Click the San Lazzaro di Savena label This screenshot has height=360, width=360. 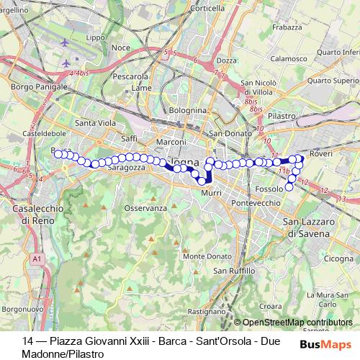[x=307, y=228]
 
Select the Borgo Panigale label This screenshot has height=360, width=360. [x=28, y=86]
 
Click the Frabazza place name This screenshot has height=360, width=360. [x=287, y=27]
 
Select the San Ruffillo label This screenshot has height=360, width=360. [x=234, y=270]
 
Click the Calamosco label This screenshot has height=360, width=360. [x=290, y=58]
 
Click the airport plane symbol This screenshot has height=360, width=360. [x=67, y=43]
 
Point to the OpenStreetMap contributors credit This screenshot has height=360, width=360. [x=297, y=323]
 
